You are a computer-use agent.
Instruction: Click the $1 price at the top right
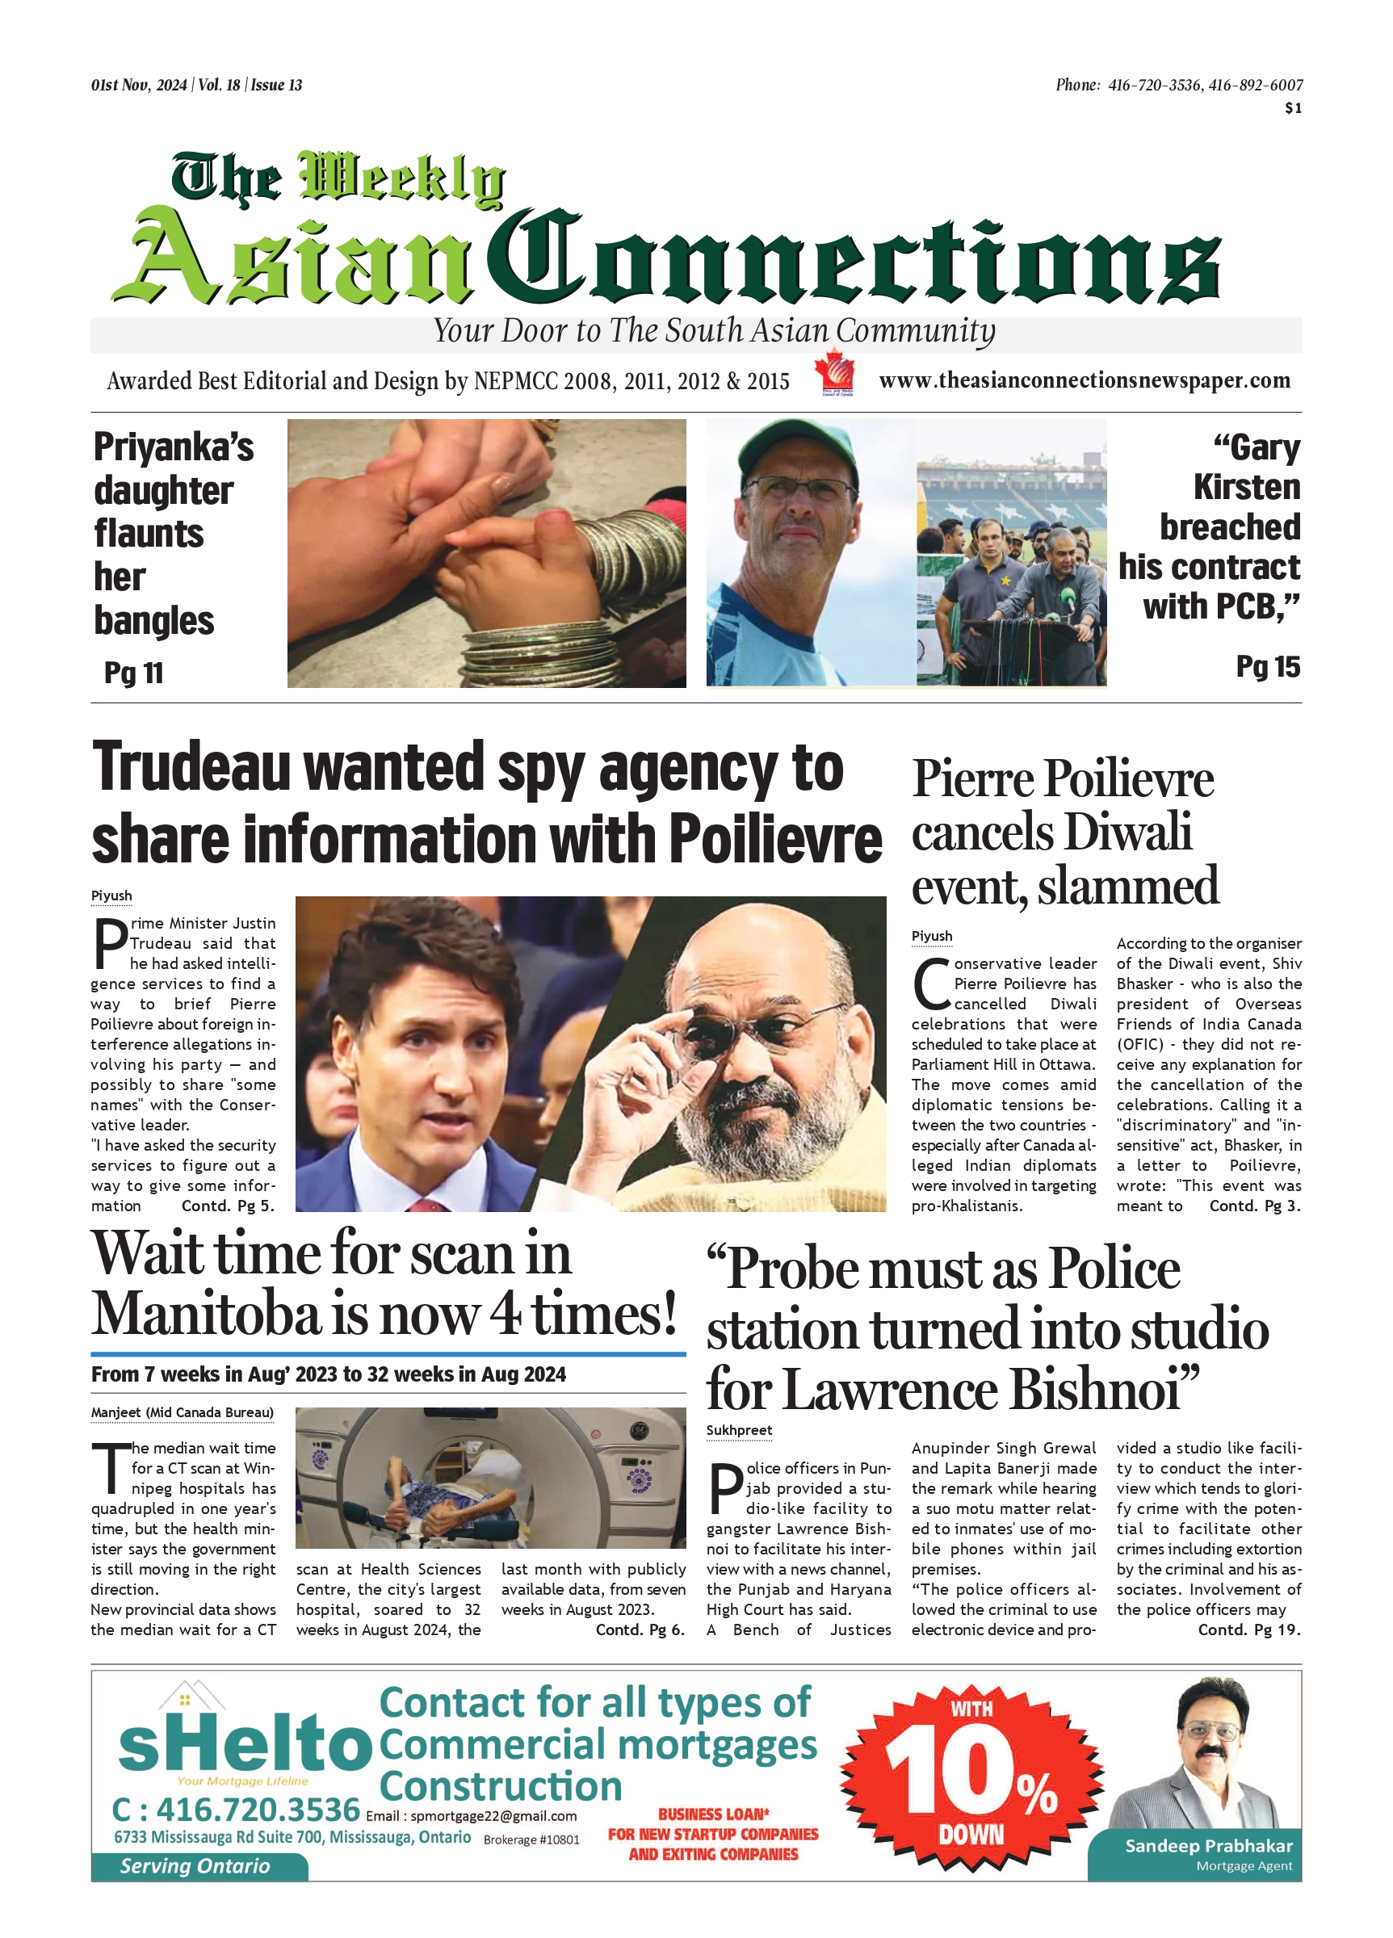click(1293, 108)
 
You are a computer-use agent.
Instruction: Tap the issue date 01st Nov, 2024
click(138, 86)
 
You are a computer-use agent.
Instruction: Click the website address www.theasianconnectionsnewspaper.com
click(1084, 381)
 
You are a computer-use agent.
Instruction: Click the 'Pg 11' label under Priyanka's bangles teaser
click(133, 673)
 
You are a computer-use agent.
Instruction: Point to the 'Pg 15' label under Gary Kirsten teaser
click(1267, 667)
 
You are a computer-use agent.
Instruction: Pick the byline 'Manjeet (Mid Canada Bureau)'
click(182, 1412)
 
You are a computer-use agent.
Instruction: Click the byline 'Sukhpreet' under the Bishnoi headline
click(738, 1430)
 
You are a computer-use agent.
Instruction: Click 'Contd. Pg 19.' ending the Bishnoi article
click(1248, 1630)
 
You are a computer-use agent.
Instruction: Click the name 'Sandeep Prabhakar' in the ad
click(1208, 1846)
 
